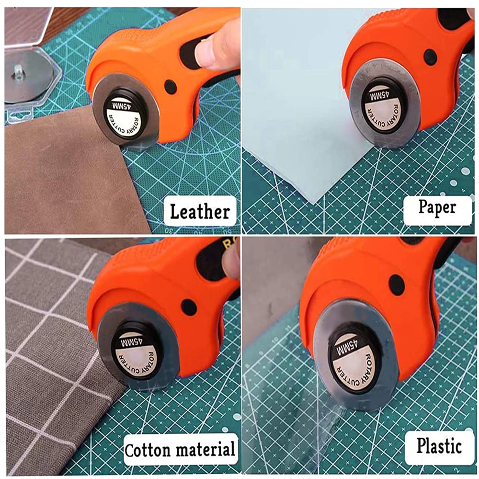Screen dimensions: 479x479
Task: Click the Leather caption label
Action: click(200, 211)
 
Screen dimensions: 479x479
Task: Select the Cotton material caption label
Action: click(180, 450)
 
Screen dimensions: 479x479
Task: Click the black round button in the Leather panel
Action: click(170, 87)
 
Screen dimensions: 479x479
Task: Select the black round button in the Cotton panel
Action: click(189, 307)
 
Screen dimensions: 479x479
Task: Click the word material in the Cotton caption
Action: click(205, 450)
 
